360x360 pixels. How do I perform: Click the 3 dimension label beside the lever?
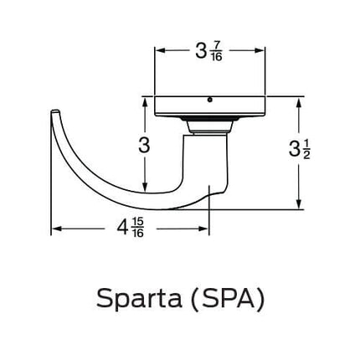(145, 145)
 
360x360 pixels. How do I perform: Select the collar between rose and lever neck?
(208, 126)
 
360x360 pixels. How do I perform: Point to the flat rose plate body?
(209, 107)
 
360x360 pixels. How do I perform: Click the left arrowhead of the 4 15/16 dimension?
(55, 228)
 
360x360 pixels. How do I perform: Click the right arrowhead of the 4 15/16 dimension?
(205, 228)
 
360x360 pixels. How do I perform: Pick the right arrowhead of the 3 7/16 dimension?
(261, 50)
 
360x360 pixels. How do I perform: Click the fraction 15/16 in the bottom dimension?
(138, 229)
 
